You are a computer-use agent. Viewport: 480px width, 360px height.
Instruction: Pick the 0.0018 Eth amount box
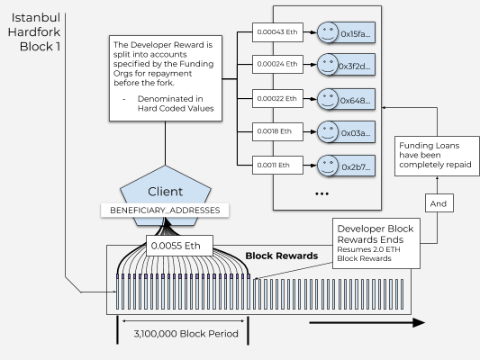pyautogui.click(x=275, y=131)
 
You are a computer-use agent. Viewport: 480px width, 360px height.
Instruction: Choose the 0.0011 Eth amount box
pyautogui.click(x=275, y=165)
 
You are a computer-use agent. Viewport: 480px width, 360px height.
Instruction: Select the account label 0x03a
pyautogui.click(x=358, y=133)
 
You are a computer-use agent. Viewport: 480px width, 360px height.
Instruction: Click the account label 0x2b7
pyautogui.click(x=358, y=166)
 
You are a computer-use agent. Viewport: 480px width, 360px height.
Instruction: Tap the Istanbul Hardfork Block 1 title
pyautogui.click(x=33, y=31)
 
